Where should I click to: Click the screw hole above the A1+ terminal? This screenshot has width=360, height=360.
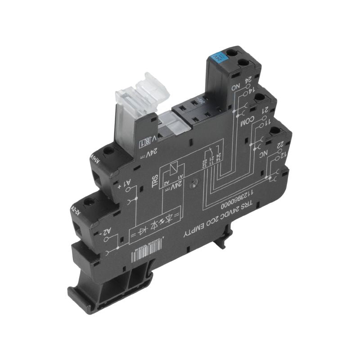[x=108, y=153]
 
